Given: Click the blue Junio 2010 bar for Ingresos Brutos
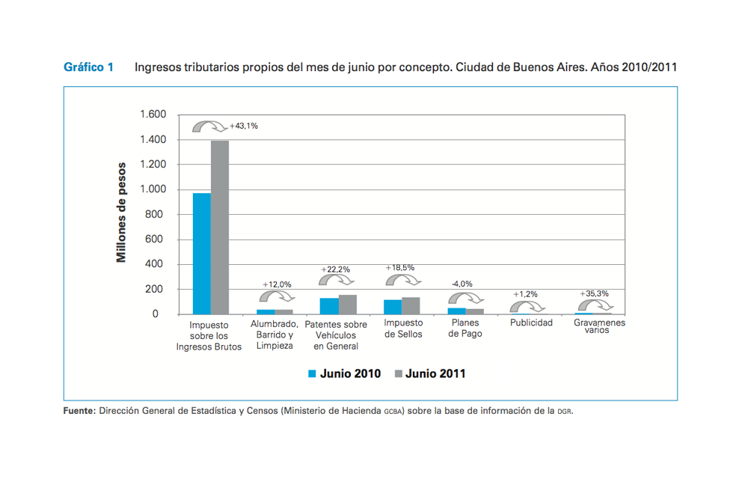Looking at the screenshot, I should click(202, 254).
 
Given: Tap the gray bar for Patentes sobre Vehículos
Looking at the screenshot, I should click(348, 305).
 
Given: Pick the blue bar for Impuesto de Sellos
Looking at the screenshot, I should click(393, 307).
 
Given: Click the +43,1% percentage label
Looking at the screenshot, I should click(244, 126).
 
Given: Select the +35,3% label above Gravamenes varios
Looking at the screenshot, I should click(595, 293).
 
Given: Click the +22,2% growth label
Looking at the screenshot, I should click(336, 269).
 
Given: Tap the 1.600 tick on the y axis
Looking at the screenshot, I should click(153, 115).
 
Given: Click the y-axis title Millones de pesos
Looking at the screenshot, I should click(121, 214).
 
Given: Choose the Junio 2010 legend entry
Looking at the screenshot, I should click(344, 373).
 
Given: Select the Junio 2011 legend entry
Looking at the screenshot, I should click(429, 373).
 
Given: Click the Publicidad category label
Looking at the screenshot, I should click(531, 323).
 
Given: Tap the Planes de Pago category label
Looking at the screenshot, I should click(465, 329).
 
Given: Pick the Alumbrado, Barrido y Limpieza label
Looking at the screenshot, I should click(275, 335).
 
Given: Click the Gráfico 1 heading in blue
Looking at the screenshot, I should click(88, 67).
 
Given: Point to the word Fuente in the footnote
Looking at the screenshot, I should click(79, 410).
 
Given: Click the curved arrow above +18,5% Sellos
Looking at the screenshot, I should click(402, 280).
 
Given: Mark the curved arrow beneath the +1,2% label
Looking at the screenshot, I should click(527, 305).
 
